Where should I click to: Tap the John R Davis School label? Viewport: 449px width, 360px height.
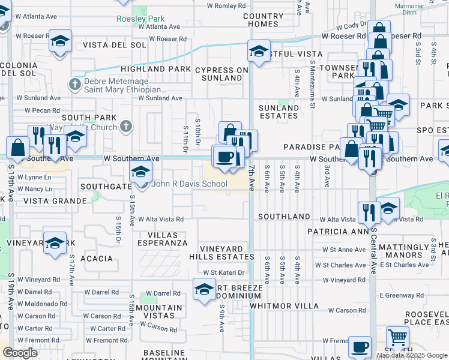tap(190, 184)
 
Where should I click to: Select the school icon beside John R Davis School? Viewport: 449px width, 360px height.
tap(140, 173)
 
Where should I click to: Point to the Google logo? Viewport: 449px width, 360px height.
tap(20, 353)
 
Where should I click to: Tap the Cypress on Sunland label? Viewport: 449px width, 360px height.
tap(221, 74)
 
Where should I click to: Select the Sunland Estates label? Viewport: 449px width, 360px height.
tap(279, 112)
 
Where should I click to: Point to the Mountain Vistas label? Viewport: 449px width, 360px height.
tap(159, 312)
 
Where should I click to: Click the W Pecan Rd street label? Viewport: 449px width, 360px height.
tap(43, 110)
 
